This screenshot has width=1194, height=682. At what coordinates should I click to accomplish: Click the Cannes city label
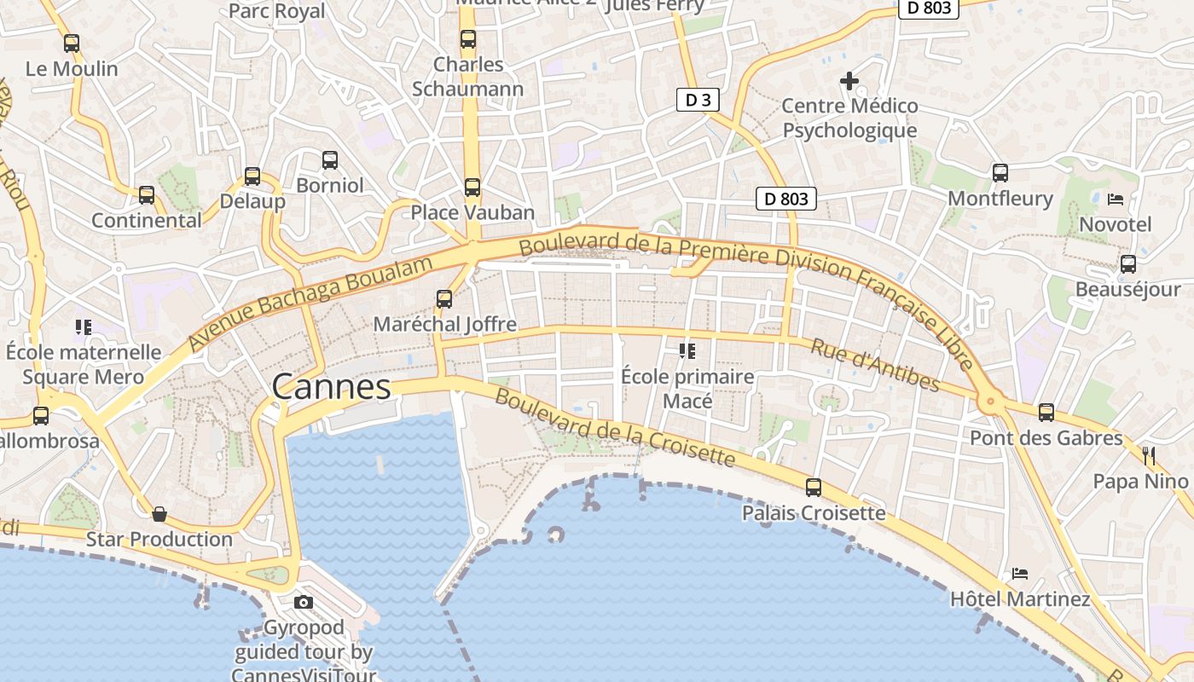click(x=331, y=387)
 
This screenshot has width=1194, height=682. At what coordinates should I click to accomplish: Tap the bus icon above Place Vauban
click(x=472, y=188)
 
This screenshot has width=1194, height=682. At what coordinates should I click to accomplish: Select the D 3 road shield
click(x=698, y=100)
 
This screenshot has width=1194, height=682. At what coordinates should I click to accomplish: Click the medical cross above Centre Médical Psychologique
click(x=849, y=82)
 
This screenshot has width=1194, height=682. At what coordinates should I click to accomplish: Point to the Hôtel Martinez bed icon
click(x=1019, y=574)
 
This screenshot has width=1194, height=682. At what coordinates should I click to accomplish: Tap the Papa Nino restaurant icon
click(x=1149, y=456)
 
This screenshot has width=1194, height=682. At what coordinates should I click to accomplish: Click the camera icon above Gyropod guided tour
click(x=303, y=603)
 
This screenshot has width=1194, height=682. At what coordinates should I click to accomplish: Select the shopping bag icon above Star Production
click(x=159, y=514)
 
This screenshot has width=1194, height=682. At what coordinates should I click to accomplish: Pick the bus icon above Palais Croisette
click(x=814, y=488)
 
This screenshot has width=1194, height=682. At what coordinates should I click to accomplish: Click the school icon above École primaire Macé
click(x=687, y=351)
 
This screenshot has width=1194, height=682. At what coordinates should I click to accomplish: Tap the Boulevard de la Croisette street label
click(x=615, y=428)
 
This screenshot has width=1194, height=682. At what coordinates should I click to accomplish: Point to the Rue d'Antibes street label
click(x=874, y=365)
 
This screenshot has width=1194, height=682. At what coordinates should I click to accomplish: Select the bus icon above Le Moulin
click(x=72, y=43)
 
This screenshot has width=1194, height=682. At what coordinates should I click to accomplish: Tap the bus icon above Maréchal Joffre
click(x=444, y=299)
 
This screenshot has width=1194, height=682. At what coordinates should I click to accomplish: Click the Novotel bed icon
click(x=1115, y=199)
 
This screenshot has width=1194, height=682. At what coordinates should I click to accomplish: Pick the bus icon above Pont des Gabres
click(x=1046, y=413)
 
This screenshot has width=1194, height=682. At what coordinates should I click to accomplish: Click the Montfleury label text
click(x=1000, y=199)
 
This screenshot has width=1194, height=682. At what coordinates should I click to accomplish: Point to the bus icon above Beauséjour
click(x=1128, y=264)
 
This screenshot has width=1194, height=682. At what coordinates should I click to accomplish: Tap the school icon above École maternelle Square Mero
click(x=83, y=327)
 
